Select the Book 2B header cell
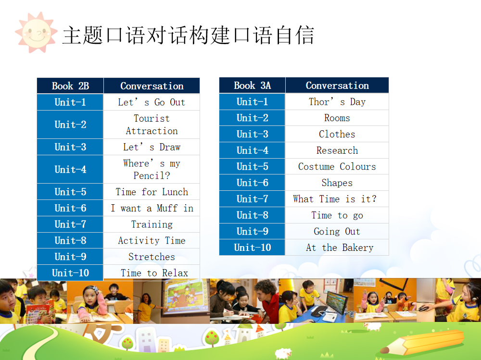pyautogui.click(x=70, y=86)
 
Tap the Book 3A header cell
pyautogui.click(x=252, y=86)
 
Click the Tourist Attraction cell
pyautogui.click(x=152, y=124)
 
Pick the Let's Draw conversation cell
pyautogui.click(x=152, y=147)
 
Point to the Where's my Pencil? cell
pyautogui.click(x=152, y=169)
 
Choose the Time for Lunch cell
pyautogui.click(x=152, y=192)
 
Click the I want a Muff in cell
pyautogui.click(x=152, y=208)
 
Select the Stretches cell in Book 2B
pyautogui.click(x=152, y=257)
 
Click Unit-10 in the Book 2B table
pyautogui.click(x=70, y=273)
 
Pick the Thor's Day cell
pyautogui.click(x=337, y=102)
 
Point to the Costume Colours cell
pyautogui.click(x=337, y=167)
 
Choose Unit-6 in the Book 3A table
pyautogui.click(x=252, y=183)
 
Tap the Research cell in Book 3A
pyautogui.click(x=337, y=150)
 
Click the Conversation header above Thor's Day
pyautogui.click(x=337, y=86)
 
